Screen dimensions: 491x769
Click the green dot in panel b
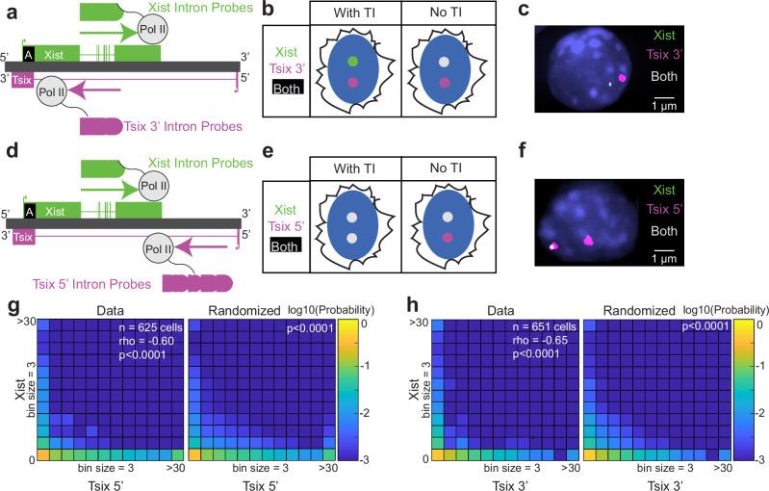352,64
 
